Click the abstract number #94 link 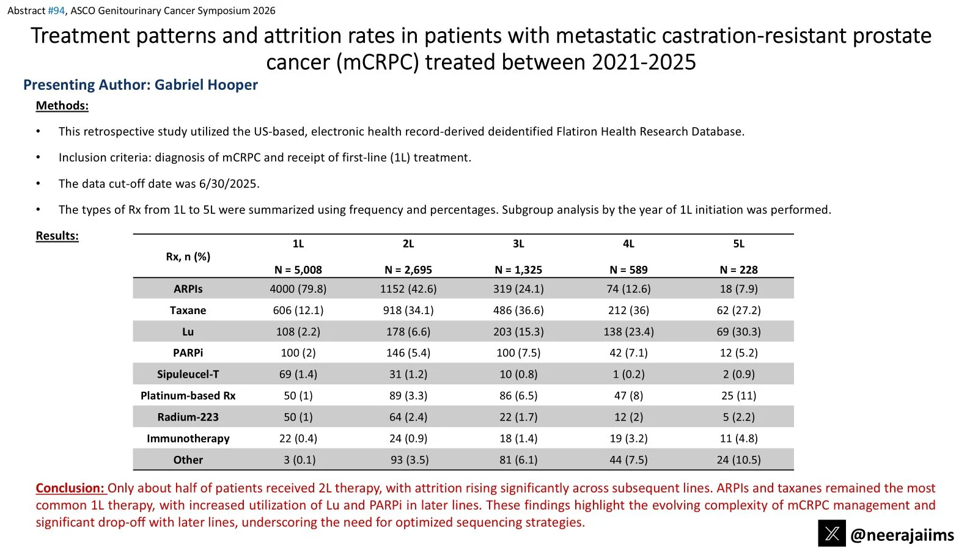click(x=56, y=10)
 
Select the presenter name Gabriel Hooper click(x=206, y=85)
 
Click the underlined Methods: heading click(x=62, y=106)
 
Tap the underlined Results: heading click(x=57, y=236)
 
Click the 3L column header click(x=518, y=244)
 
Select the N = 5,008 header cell click(x=298, y=269)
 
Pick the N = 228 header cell click(x=739, y=269)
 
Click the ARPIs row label click(x=188, y=289)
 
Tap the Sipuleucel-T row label click(x=188, y=375)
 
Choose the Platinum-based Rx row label click(x=188, y=396)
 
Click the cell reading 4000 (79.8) click(x=298, y=289)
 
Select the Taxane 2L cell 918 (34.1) click(x=408, y=310)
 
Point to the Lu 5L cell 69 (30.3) click(x=739, y=332)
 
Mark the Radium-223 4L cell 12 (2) click(x=629, y=417)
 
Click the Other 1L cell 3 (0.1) click(x=300, y=460)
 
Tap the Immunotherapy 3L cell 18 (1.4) click(x=518, y=439)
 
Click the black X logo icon click(x=832, y=533)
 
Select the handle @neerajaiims click(x=902, y=535)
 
